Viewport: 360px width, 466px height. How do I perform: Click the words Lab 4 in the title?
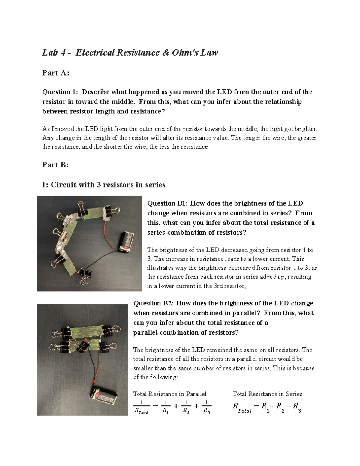click(x=54, y=53)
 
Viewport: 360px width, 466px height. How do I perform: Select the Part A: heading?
click(x=56, y=73)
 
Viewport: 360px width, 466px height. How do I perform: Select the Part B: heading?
click(x=55, y=165)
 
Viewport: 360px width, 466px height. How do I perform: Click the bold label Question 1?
click(x=60, y=92)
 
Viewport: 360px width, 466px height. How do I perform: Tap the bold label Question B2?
click(x=153, y=303)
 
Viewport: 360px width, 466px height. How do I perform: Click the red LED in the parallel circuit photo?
click(x=86, y=339)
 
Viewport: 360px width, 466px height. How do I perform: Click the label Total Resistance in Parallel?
click(x=170, y=394)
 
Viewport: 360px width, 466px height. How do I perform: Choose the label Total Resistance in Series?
click(x=267, y=394)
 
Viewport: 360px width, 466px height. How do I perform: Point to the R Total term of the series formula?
click(x=242, y=407)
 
